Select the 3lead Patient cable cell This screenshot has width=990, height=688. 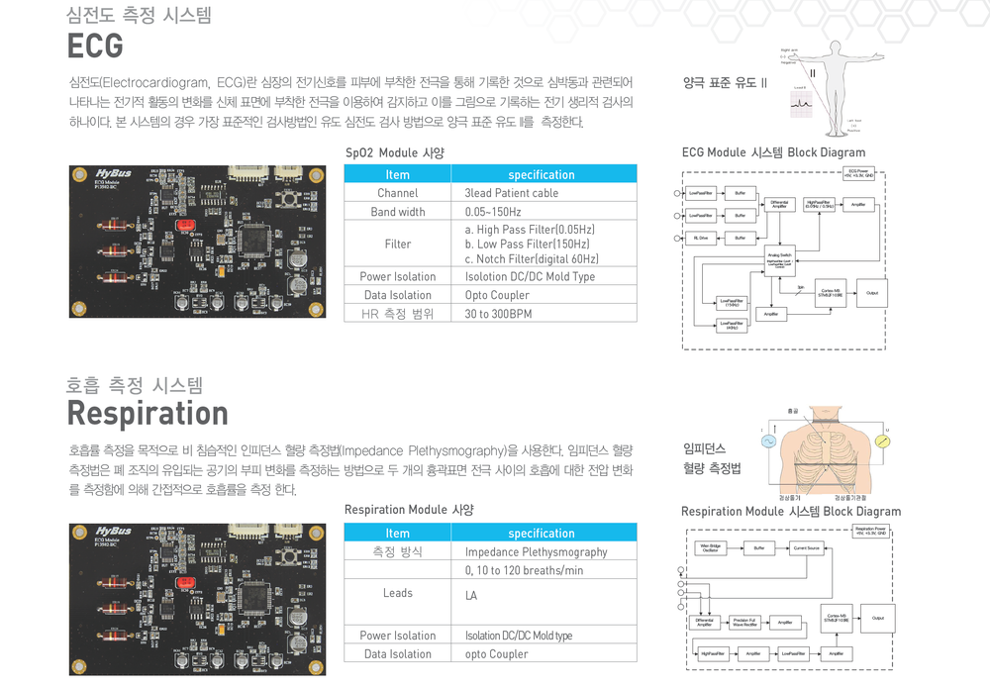pyautogui.click(x=511, y=193)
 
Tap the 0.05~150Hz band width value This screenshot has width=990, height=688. pyautogui.click(x=492, y=212)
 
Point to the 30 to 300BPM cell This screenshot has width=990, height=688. pyautogui.click(x=498, y=314)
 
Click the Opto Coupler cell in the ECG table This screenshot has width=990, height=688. pyautogui.click(x=497, y=295)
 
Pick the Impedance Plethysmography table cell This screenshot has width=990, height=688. pyautogui.click(x=536, y=551)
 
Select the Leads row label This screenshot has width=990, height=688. pyautogui.click(x=397, y=593)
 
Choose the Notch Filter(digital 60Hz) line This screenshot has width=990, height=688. pyautogui.click(x=532, y=258)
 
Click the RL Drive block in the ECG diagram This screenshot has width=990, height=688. pyautogui.click(x=700, y=239)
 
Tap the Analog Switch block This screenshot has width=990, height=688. pyautogui.click(x=779, y=259)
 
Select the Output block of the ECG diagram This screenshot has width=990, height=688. pyautogui.click(x=871, y=293)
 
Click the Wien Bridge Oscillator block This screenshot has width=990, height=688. pyautogui.click(x=710, y=547)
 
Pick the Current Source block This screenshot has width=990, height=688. pyautogui.click(x=806, y=547)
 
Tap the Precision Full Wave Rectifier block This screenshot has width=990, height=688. pyautogui.click(x=744, y=623)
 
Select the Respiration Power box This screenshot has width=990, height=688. pyautogui.click(x=870, y=532)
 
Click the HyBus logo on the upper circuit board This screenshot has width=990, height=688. pyautogui.click(x=114, y=171)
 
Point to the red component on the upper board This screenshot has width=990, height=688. pyautogui.click(x=183, y=225)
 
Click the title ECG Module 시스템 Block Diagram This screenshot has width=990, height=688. pyautogui.click(x=773, y=152)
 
